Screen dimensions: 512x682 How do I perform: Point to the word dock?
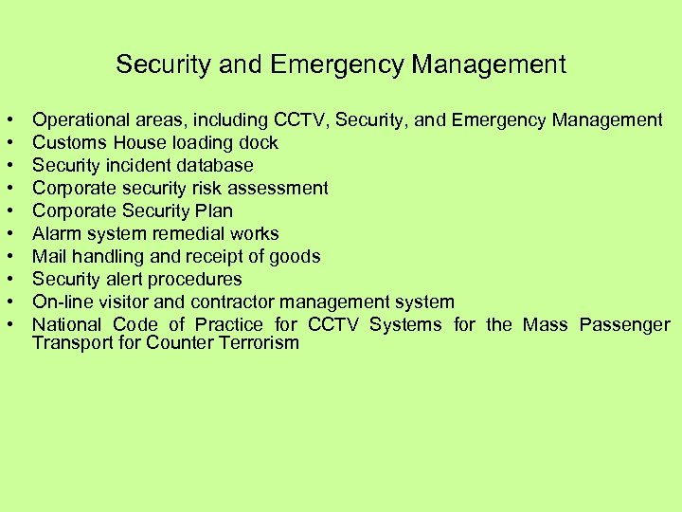tap(259, 143)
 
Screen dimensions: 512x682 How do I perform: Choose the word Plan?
tap(213, 210)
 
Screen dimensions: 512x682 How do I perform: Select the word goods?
tap(296, 256)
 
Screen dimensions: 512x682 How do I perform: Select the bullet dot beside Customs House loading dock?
tap(9, 143)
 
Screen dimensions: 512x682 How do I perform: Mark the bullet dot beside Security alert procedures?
tap(9, 279)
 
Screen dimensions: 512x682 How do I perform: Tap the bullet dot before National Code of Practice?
tap(9, 324)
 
